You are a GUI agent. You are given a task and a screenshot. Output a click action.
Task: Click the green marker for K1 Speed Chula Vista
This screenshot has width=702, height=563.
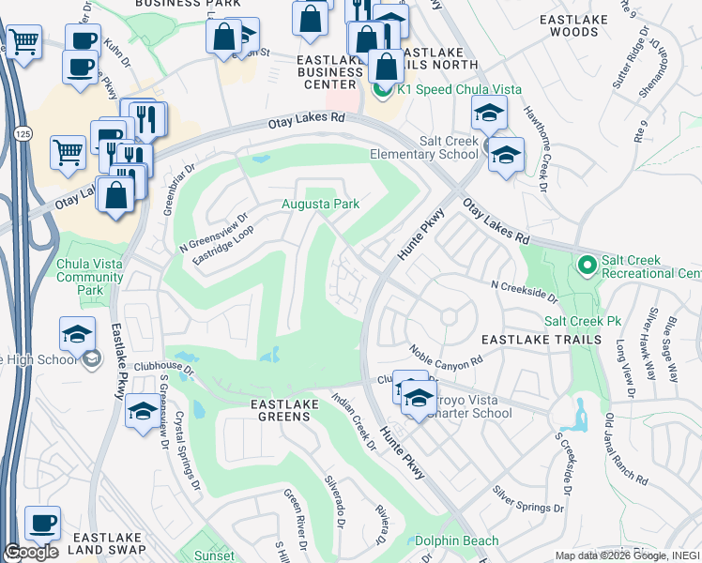[x=382, y=90]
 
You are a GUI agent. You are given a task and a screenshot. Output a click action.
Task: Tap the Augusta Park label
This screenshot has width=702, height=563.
[x=322, y=204]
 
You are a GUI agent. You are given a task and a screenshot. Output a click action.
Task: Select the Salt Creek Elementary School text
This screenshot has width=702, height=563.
[x=449, y=147]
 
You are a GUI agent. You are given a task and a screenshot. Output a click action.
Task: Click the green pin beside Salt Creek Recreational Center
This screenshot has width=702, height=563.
[x=588, y=266]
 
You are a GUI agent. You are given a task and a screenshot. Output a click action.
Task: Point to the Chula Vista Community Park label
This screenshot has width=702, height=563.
[x=90, y=277]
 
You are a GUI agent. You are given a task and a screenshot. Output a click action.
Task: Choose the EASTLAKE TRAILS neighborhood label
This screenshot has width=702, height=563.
[x=541, y=338]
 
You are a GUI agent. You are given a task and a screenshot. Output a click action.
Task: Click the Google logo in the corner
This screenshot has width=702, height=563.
[x=31, y=552]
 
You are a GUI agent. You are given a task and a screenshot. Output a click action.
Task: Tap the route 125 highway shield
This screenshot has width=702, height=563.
[x=23, y=136]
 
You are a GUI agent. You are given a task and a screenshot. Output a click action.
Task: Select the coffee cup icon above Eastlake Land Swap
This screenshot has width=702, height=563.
[x=42, y=523]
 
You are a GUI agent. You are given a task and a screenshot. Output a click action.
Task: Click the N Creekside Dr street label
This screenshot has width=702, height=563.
[x=524, y=291]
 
